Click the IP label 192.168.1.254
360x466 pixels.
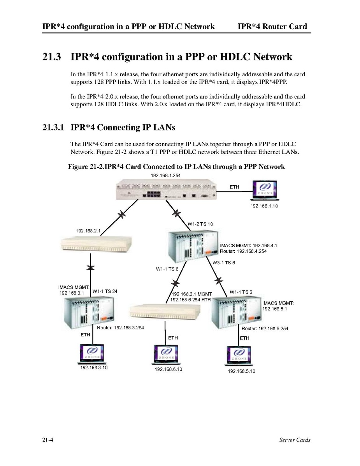point(165,176)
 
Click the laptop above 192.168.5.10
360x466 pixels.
point(239,356)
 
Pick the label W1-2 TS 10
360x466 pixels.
point(200,224)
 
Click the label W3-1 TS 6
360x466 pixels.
point(224,263)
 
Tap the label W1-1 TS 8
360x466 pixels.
point(167,269)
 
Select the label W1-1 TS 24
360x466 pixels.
point(105,291)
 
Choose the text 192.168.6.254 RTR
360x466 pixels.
point(190,299)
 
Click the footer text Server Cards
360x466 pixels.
point(295,440)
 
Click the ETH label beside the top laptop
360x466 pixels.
point(234,187)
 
